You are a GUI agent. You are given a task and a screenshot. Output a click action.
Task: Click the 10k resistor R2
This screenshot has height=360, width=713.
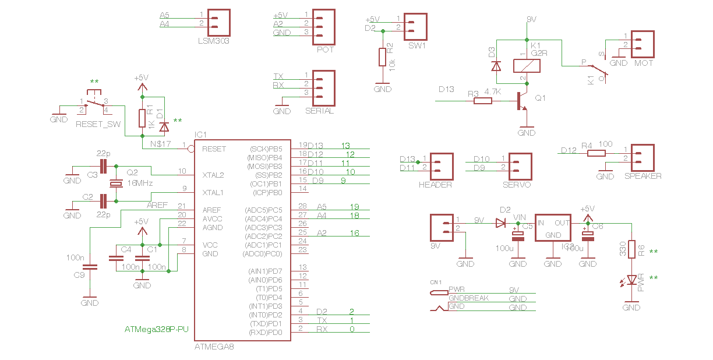coord(383,57)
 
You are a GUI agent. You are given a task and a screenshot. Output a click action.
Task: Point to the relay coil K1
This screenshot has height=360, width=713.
coord(523,66)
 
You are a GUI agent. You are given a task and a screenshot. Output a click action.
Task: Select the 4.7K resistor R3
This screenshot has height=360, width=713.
coord(483,101)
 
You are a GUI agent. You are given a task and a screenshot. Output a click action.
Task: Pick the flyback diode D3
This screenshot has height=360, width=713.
coord(496,66)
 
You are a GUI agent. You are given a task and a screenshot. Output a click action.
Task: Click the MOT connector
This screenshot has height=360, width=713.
coord(643,44)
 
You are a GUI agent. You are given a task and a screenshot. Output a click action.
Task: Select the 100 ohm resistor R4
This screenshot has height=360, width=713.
coord(596,153)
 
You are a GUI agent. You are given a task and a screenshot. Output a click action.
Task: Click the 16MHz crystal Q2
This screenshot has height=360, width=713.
coord(117,184)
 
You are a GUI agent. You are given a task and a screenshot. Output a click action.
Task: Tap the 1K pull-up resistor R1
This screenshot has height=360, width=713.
coord(142,118)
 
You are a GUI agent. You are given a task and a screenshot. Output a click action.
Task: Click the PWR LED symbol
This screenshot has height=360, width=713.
coord(631,281)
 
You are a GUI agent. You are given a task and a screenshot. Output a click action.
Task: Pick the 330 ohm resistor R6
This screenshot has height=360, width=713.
coord(631,250)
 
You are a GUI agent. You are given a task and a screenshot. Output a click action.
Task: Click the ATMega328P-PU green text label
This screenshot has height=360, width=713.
coord(157,330)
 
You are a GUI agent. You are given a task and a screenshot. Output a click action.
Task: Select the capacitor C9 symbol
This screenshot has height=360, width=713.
coord(90,267)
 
